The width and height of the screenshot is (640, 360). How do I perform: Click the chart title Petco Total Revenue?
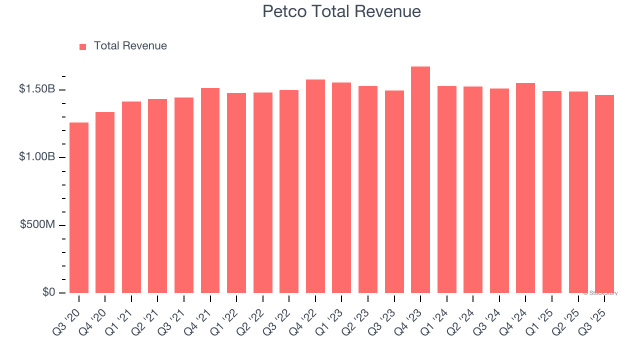coord(341,11)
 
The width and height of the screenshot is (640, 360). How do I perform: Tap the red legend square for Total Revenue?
coord(82,46)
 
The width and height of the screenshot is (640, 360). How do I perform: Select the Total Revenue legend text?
coord(130,46)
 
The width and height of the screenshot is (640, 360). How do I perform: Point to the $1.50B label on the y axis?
coord(37,89)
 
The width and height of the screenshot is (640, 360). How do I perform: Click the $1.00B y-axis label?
coord(37,156)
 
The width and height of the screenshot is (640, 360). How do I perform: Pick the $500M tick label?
coord(37,224)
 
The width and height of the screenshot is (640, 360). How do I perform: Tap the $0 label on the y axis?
coord(48,292)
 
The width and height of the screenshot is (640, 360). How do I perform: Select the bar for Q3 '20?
coord(79,207)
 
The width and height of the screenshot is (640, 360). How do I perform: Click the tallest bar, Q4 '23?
coord(420,180)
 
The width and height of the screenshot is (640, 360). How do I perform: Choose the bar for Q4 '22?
coord(315,186)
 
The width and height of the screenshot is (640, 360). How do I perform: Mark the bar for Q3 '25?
coord(604,194)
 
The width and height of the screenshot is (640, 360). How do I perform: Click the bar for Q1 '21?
coord(131,197)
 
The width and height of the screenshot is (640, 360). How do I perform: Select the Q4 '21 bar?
coord(210,190)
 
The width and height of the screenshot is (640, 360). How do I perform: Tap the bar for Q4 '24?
coord(525,188)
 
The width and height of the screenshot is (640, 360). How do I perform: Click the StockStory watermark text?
coord(600,293)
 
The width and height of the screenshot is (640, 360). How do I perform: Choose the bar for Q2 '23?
coord(368,189)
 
